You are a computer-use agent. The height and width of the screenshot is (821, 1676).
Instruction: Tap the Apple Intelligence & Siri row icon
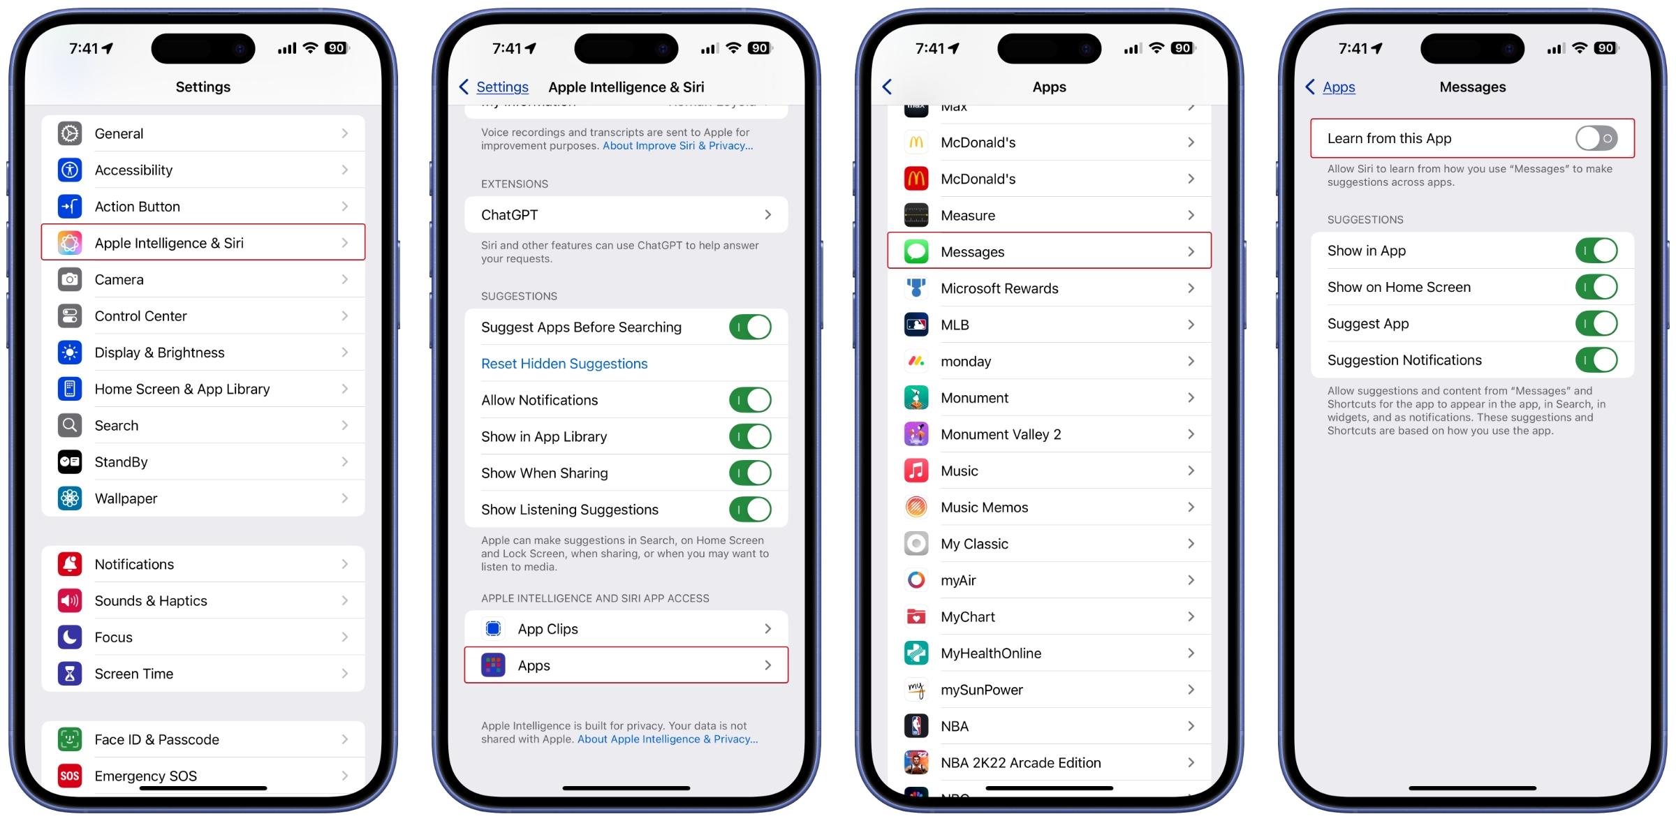pos(70,243)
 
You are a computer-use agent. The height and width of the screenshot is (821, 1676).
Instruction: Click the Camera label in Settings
pos(119,280)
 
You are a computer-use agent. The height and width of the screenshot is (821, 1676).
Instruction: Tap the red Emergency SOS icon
pos(70,776)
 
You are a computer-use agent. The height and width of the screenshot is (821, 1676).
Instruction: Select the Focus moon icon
pos(70,637)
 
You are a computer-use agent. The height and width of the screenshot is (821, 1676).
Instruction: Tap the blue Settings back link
pos(501,87)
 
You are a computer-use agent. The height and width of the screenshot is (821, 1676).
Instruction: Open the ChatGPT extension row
pos(626,215)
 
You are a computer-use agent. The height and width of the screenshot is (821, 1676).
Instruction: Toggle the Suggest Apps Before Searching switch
pos(750,327)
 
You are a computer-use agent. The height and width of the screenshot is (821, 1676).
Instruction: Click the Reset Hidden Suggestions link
pos(564,364)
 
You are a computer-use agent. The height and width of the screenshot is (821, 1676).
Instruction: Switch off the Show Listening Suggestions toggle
pos(750,510)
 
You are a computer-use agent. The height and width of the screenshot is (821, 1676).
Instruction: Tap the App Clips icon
pos(494,629)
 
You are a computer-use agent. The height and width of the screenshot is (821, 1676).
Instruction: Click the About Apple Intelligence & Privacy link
pos(667,739)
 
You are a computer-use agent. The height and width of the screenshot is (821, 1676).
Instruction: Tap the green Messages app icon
pos(916,252)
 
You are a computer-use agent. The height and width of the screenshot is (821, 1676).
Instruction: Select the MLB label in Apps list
pos(955,325)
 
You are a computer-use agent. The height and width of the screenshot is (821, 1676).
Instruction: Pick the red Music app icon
pos(916,471)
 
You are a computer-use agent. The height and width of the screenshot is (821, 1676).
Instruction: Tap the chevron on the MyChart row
pos(1191,616)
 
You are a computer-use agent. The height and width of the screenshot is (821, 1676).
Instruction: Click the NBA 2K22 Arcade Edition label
pos(1020,763)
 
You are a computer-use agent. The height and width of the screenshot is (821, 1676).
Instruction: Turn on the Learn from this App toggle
pos(1596,138)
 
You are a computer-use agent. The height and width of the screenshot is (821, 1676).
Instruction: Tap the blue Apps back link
pos(1338,87)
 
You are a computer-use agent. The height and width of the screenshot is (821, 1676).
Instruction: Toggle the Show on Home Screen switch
pos(1596,287)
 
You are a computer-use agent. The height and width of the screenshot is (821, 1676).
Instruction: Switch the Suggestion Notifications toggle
pos(1596,360)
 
